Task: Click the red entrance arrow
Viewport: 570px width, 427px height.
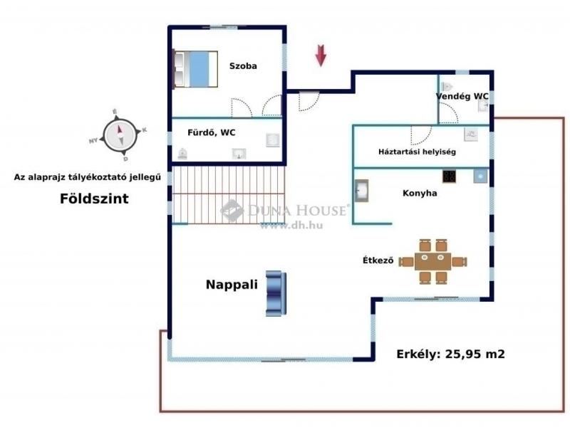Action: point(321,56)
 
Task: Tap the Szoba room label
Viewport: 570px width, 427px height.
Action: point(243,65)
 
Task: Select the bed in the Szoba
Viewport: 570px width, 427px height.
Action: point(195,69)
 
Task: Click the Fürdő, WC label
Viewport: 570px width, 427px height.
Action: point(211,132)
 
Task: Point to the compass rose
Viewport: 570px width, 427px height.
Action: point(120,135)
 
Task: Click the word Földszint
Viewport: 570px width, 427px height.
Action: point(94,199)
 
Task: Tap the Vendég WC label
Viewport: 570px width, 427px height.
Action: point(462,96)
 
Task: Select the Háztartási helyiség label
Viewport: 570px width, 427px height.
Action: point(417,152)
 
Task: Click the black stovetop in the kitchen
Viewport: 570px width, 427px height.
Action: point(450,176)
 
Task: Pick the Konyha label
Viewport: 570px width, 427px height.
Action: point(420,193)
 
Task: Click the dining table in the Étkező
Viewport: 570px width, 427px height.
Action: point(432,261)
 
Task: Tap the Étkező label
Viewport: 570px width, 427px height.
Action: point(378,260)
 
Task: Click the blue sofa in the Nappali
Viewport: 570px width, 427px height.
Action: point(276,293)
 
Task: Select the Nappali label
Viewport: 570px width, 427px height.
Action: point(232,284)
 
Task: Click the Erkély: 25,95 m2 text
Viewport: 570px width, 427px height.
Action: point(450,354)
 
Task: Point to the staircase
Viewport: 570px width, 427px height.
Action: point(228,194)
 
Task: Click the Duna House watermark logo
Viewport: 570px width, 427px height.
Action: point(232,210)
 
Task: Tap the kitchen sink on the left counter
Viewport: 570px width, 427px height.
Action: point(362,191)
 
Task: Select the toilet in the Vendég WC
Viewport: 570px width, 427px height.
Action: point(447,87)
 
